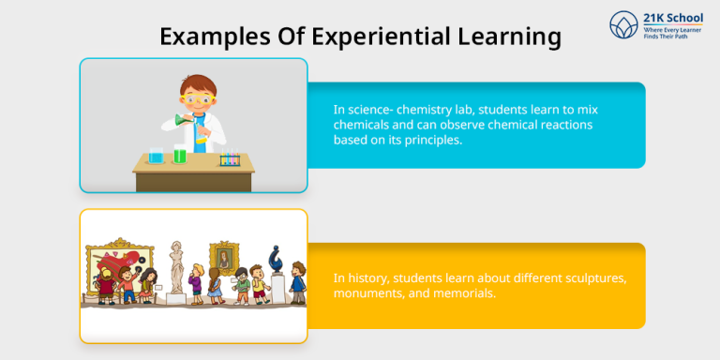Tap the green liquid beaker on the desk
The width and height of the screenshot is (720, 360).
pos(179,155)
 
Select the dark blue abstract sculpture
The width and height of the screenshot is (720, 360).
pos(278,258)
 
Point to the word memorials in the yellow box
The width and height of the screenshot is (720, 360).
pos(462,292)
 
